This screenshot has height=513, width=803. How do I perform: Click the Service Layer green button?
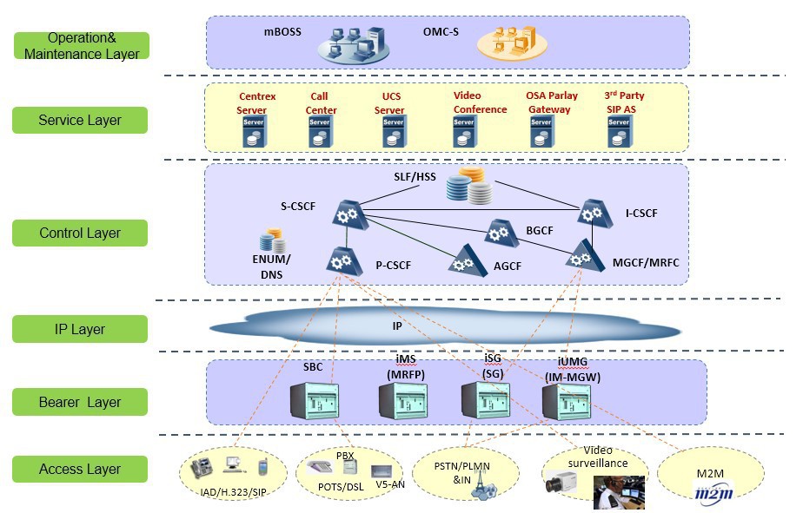point(80,120)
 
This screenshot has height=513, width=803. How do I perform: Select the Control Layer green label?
point(80,233)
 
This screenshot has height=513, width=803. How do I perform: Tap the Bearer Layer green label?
point(80,402)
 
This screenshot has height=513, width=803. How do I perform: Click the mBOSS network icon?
point(354,45)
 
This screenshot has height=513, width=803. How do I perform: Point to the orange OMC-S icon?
point(512,43)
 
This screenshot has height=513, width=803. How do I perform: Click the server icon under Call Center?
point(321,132)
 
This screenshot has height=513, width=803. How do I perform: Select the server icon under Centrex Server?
point(255,132)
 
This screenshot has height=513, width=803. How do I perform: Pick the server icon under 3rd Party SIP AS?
point(620,132)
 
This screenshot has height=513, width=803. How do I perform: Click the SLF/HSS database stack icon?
point(469,186)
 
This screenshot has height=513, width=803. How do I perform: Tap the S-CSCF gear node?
point(349,214)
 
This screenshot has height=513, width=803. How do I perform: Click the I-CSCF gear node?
point(594,214)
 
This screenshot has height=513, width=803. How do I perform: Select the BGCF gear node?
point(501,233)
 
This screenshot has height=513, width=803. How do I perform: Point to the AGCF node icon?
point(467,261)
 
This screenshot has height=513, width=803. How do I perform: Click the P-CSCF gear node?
point(344,261)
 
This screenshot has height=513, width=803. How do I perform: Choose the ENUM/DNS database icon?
point(272,241)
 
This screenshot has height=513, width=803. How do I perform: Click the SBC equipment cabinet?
point(315,401)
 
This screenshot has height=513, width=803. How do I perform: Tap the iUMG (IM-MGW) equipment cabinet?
point(567,402)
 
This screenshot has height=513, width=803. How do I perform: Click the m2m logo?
point(713,494)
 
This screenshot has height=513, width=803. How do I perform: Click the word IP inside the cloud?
point(397,326)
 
